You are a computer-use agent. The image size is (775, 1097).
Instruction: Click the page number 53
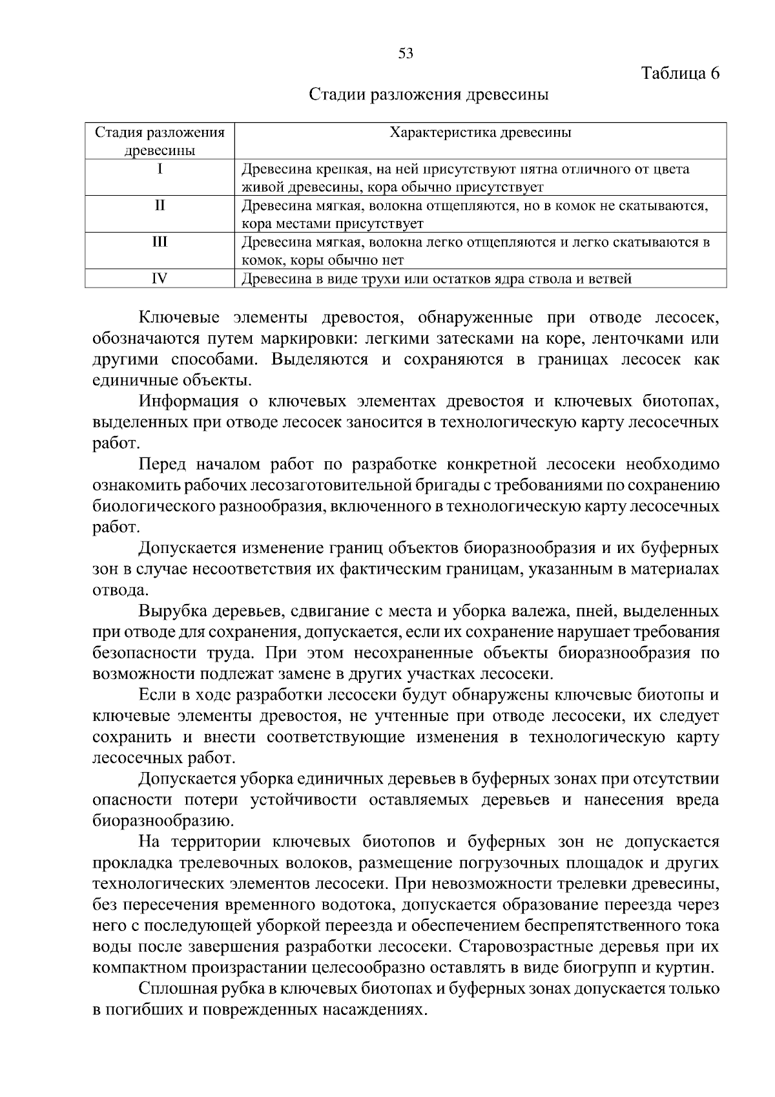[406, 54]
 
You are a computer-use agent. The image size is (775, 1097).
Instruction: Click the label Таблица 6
[680, 73]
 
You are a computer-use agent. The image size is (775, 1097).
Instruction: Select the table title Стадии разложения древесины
[429, 95]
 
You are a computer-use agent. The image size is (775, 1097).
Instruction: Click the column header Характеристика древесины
[480, 133]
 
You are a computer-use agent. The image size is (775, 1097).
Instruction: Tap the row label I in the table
[160, 169]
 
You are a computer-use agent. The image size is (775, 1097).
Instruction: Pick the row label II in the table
[160, 205]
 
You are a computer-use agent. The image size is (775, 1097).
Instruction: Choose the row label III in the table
[160, 242]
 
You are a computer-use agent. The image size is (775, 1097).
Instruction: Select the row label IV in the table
[160, 278]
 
